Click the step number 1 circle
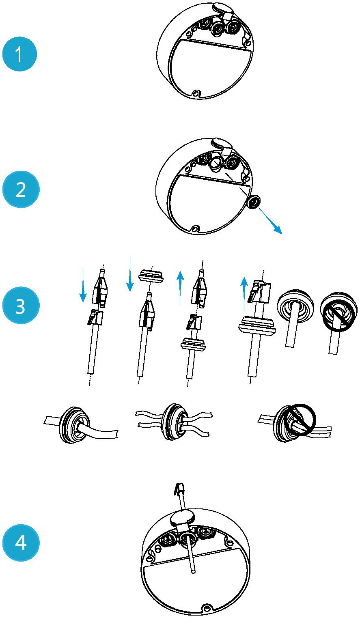click(19, 54)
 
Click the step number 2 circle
click(21, 189)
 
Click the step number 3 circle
click(21, 306)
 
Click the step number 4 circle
click(21, 542)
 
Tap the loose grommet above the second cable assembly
click(152, 276)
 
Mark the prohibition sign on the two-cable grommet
click(300, 420)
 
